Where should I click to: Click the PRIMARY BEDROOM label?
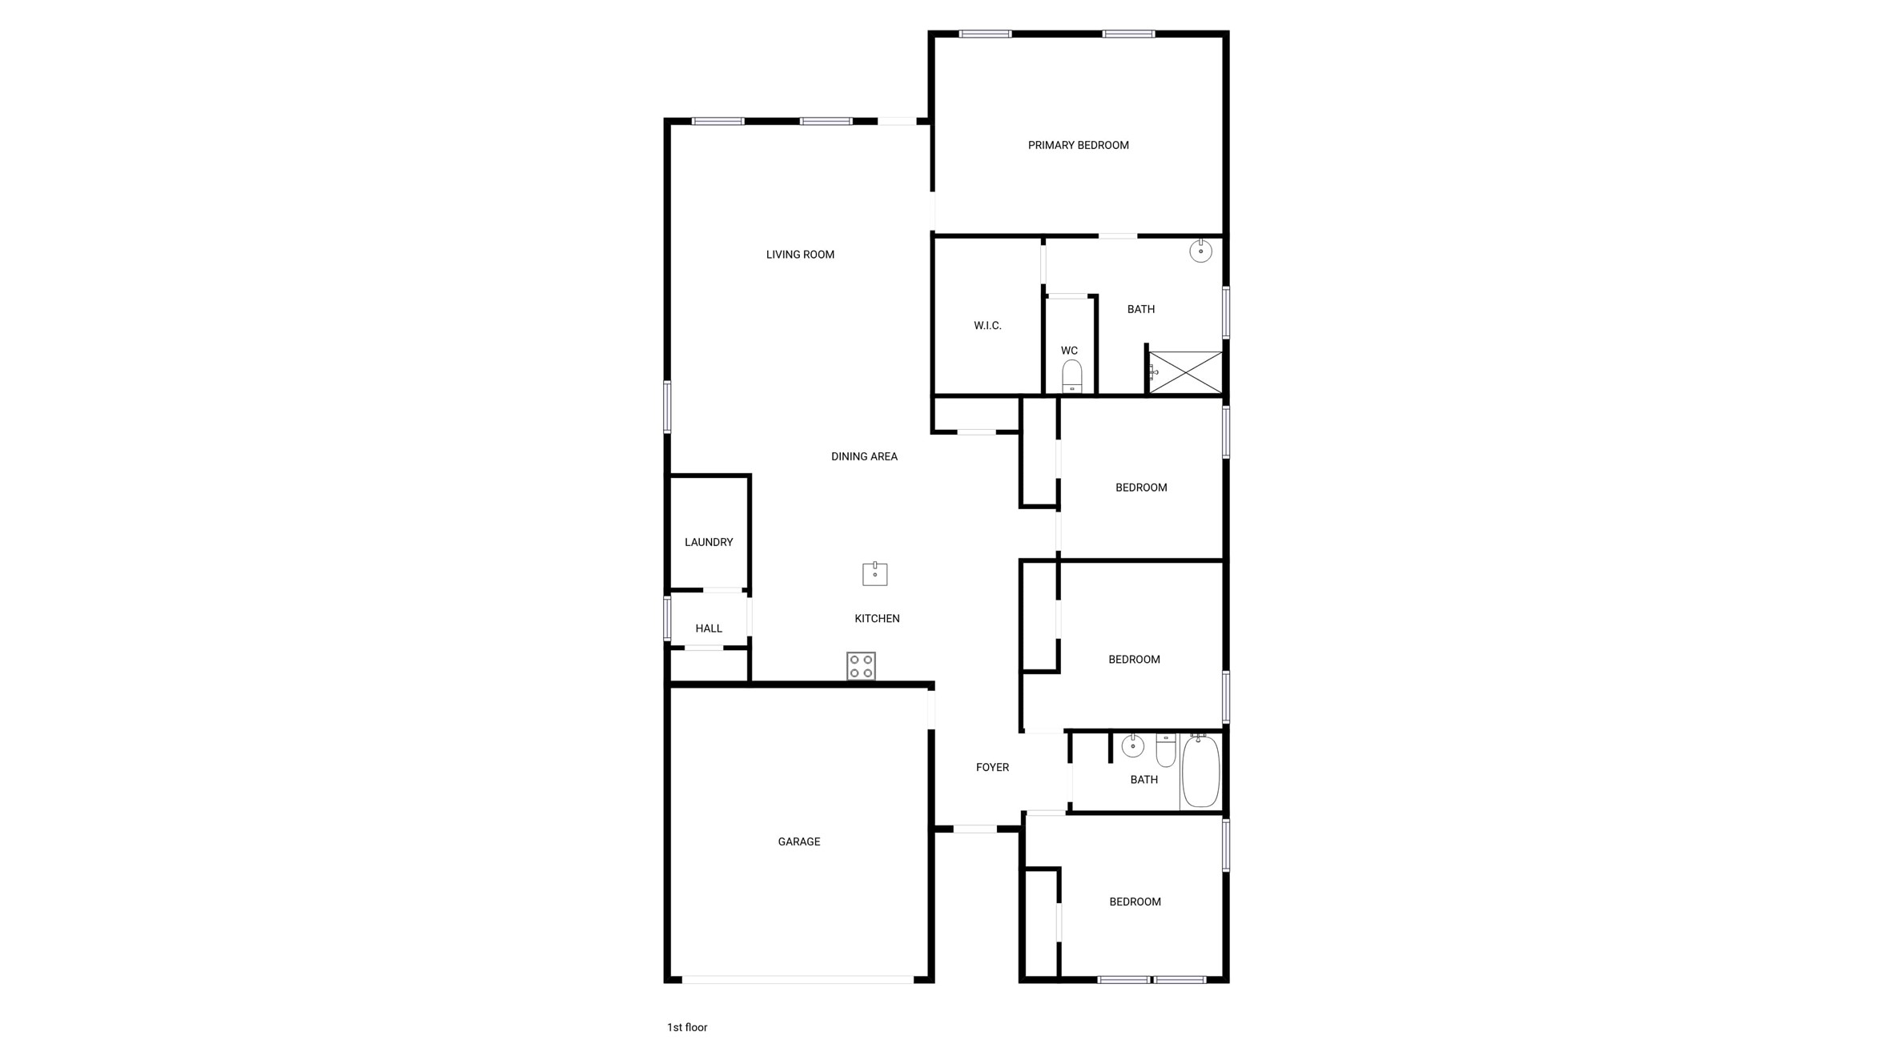coord(1078,145)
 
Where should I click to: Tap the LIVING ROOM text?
coord(800,255)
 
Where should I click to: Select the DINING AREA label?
coord(864,456)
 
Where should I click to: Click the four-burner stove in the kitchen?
coord(861,666)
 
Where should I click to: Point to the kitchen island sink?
coord(874,574)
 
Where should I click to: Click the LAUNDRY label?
coord(709,542)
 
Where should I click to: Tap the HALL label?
coord(709,628)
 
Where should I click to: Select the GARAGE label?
coord(798,841)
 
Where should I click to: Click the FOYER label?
coord(992,767)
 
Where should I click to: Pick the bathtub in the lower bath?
coord(1200,772)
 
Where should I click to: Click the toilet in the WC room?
coord(1071,376)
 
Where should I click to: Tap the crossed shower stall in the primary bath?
coord(1186,372)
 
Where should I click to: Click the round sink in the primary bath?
coord(1200,251)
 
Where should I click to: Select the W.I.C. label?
coord(987,325)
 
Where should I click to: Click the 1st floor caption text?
coord(687,1027)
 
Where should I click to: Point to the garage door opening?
coord(798,979)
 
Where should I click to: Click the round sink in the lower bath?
coord(1132,746)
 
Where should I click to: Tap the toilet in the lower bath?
coord(1166,750)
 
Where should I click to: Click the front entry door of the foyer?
coord(975,829)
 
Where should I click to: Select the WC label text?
coord(1069,351)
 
